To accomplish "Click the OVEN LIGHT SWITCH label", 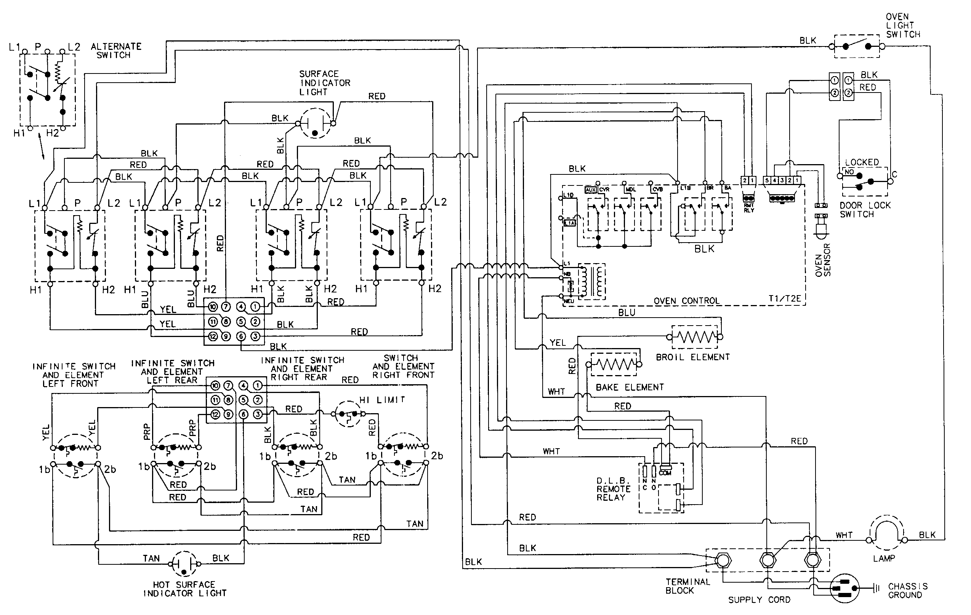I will click(x=902, y=26).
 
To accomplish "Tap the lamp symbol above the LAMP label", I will click(x=886, y=532).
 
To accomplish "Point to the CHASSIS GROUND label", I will click(x=907, y=590).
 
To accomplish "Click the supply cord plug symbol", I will click(x=844, y=588).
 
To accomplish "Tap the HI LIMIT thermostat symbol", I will click(x=348, y=414).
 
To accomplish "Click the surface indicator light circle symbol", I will click(x=315, y=123).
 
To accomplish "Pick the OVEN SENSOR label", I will click(x=823, y=260).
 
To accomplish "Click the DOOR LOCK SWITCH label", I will click(x=865, y=209).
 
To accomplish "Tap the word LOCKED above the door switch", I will click(x=862, y=162).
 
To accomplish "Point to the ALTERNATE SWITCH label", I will click(x=116, y=51).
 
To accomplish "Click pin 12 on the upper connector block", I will click(x=213, y=336).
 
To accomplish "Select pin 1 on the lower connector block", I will click(x=257, y=386).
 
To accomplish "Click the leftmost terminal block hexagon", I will click(x=723, y=560).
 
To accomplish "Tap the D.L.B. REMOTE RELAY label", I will click(x=613, y=489).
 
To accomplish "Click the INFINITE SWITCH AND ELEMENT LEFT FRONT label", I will click(x=74, y=375).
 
